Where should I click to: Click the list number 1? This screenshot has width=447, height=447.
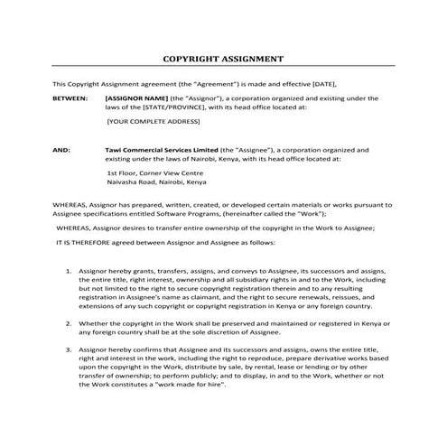70,270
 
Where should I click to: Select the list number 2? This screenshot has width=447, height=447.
70,322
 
